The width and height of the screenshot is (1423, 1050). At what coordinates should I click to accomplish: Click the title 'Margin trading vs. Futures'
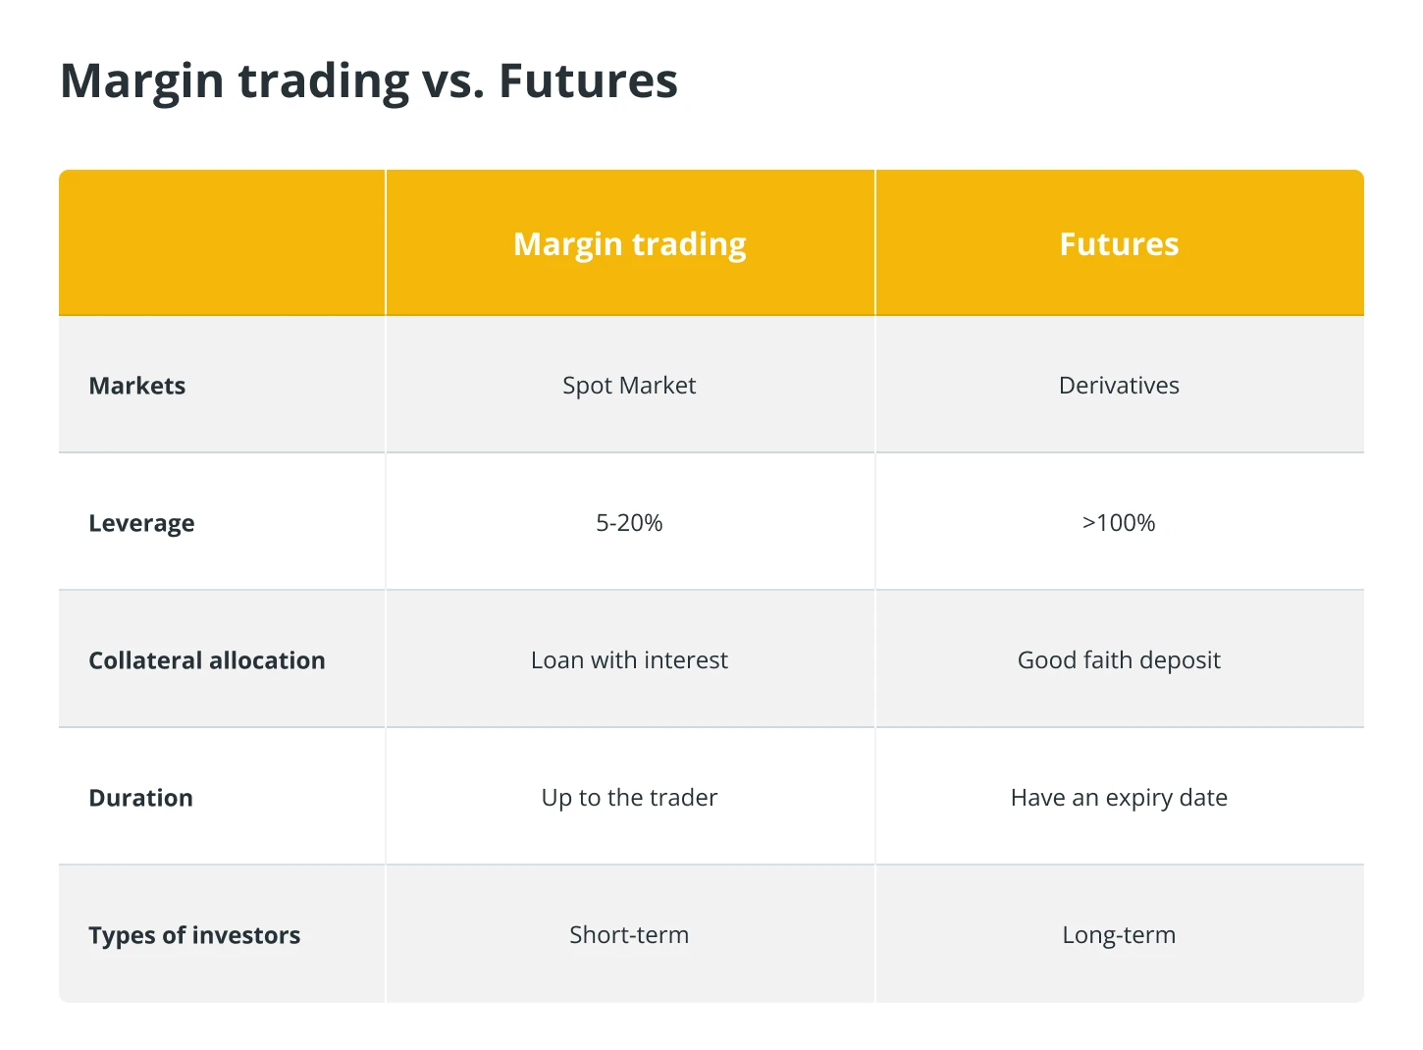pos(369,81)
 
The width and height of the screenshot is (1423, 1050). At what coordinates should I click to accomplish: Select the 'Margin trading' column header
pos(629,245)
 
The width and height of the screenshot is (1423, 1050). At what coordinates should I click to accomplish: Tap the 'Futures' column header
pos(1119,244)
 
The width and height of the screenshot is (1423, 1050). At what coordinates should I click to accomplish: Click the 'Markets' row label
pos(137,386)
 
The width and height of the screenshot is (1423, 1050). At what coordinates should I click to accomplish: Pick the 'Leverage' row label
pos(141,524)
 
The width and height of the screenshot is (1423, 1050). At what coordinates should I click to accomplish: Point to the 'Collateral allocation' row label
pos(207,660)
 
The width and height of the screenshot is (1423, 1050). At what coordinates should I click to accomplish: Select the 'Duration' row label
pos(141,798)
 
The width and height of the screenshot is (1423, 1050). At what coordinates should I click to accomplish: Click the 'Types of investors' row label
pos(194,936)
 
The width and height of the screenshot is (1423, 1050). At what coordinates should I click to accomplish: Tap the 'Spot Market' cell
pos(629,387)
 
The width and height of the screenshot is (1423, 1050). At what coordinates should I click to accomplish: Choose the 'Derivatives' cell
pos(1119,385)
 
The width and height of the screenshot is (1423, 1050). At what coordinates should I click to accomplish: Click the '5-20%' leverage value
pos(629,523)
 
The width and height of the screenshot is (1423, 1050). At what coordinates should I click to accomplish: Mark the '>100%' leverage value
pos(1119,523)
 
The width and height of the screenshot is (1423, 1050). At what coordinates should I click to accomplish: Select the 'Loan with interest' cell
pos(629,660)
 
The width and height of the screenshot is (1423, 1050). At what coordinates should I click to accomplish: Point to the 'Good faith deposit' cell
pos(1119,661)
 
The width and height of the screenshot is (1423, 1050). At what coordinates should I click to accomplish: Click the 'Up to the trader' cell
pos(629,799)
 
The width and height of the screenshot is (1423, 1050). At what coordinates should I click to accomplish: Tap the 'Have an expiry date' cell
pos(1119,799)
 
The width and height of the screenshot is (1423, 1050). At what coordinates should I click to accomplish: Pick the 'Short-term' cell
pos(629,936)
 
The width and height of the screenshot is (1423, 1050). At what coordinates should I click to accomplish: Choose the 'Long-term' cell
pos(1119,936)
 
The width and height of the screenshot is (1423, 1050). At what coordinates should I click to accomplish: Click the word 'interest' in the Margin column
pos(686,661)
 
